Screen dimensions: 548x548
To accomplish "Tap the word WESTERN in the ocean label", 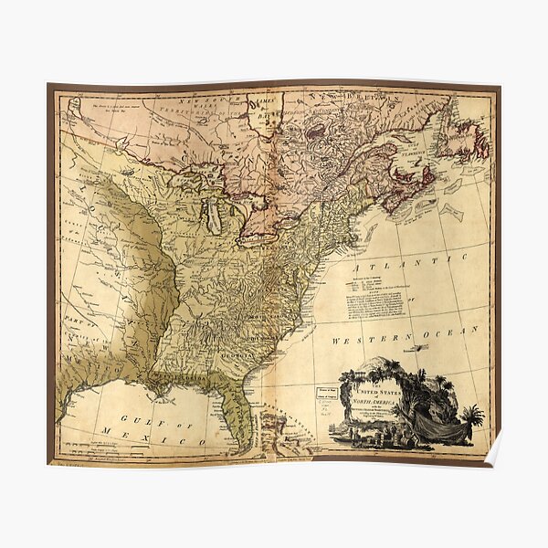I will [x=362, y=340].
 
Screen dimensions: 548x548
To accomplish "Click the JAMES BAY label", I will [x=265, y=111].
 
